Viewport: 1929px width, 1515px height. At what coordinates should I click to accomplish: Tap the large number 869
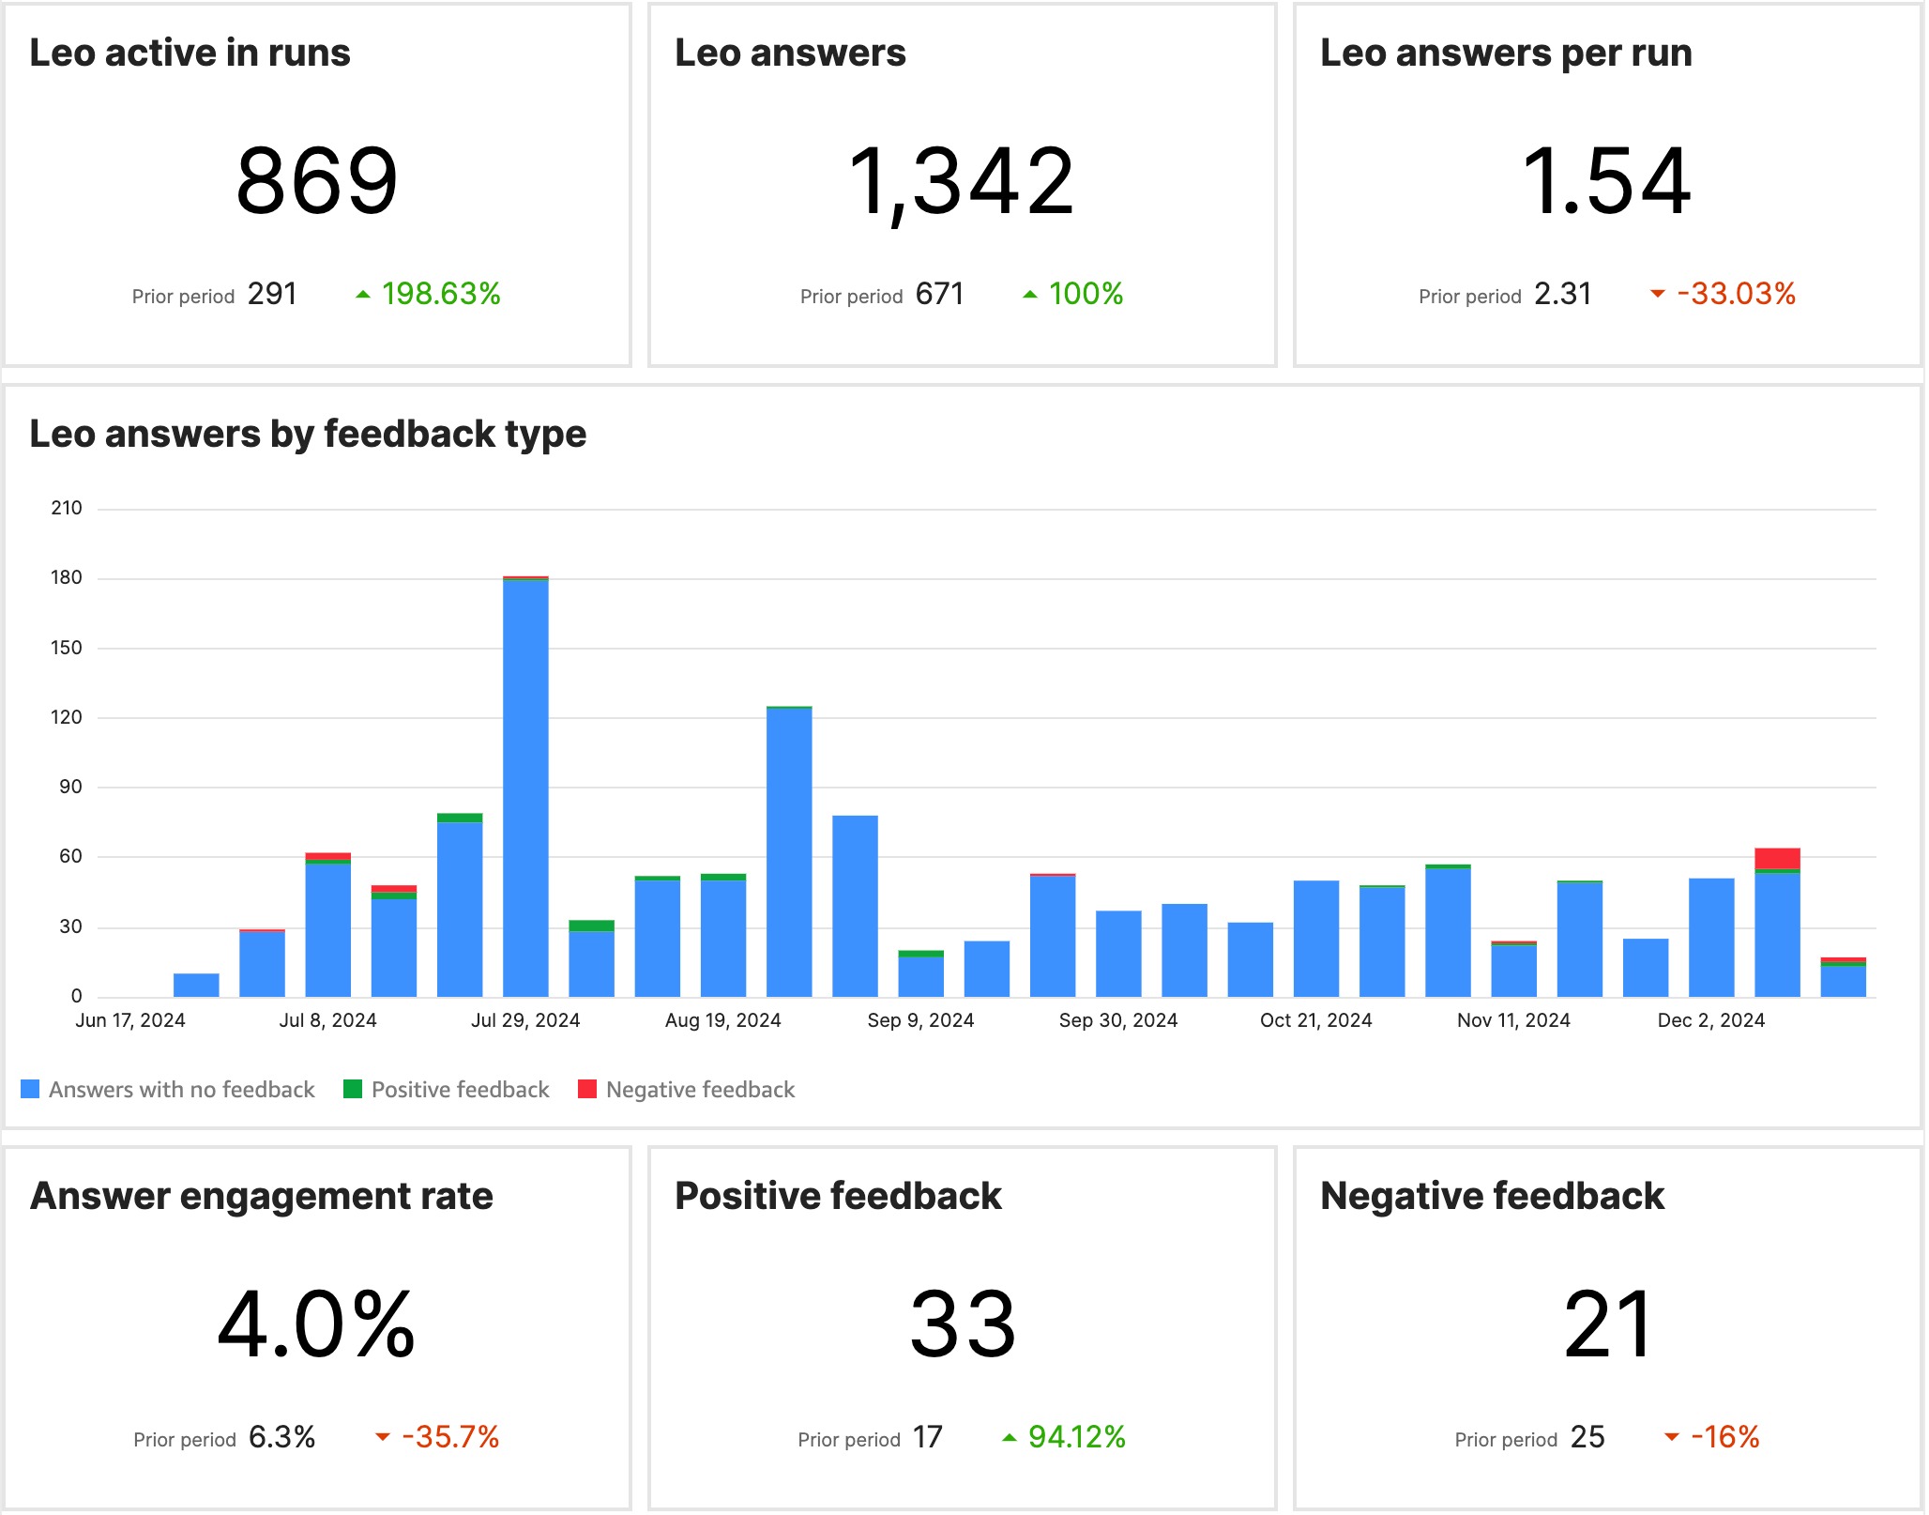tap(317, 181)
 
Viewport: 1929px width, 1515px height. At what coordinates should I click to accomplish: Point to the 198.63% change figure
tap(440, 294)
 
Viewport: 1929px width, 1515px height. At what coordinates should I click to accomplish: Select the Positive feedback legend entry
tap(459, 1090)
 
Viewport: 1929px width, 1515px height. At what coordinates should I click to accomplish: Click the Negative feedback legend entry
tap(699, 1090)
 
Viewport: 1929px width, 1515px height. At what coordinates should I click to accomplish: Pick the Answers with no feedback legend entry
tap(181, 1090)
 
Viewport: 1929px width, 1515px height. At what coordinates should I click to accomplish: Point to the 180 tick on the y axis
tap(67, 578)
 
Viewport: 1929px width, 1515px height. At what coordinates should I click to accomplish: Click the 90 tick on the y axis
tap(70, 787)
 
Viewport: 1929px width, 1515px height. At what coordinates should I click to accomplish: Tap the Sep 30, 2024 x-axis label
tap(1117, 1020)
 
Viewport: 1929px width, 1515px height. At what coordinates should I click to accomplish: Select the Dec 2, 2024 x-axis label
tap(1710, 1020)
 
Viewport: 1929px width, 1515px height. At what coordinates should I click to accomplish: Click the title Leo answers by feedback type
tap(308, 435)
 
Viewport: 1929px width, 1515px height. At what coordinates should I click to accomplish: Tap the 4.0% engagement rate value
tap(317, 1324)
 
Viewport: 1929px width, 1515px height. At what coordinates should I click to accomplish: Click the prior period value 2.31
tap(1562, 295)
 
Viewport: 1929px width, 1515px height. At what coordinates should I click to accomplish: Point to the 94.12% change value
tap(1076, 1437)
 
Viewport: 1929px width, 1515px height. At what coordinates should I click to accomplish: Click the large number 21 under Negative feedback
tap(1607, 1324)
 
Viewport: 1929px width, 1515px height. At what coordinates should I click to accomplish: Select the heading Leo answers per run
tap(1505, 54)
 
